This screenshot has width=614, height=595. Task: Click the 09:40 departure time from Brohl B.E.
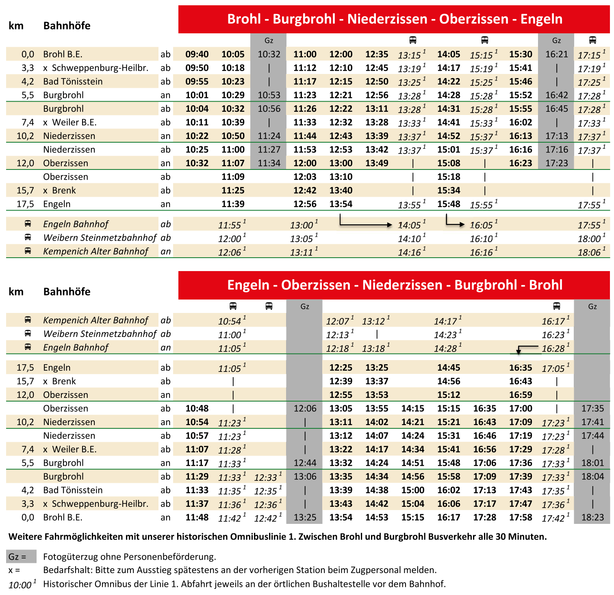197,54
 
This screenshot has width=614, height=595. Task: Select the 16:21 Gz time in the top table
556,54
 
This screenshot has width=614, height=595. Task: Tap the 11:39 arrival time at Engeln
233,204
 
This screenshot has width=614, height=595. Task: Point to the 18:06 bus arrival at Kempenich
589,252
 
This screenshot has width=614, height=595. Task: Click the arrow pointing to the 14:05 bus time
366,223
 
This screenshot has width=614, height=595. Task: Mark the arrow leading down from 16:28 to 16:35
524,349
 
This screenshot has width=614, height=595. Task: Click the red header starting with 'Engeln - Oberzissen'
394,285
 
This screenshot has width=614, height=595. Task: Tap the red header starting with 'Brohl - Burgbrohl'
394,19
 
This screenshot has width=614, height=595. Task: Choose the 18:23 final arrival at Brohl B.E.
592,517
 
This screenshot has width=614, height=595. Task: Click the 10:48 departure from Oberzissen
197,408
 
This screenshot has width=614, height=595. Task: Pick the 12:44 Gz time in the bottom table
305,463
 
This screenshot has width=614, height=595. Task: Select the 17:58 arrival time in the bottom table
521,517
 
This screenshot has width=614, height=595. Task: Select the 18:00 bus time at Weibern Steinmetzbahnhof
589,239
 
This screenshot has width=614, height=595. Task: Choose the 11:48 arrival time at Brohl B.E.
197,517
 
